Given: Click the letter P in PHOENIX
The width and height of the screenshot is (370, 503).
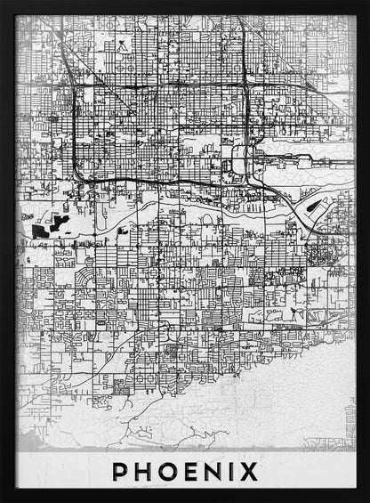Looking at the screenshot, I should (120, 471).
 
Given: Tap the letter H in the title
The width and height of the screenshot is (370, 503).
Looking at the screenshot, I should (142, 471).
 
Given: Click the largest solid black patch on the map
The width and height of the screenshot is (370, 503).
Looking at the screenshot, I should (39, 229).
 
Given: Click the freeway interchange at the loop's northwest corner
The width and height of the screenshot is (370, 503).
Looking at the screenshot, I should (76, 85).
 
